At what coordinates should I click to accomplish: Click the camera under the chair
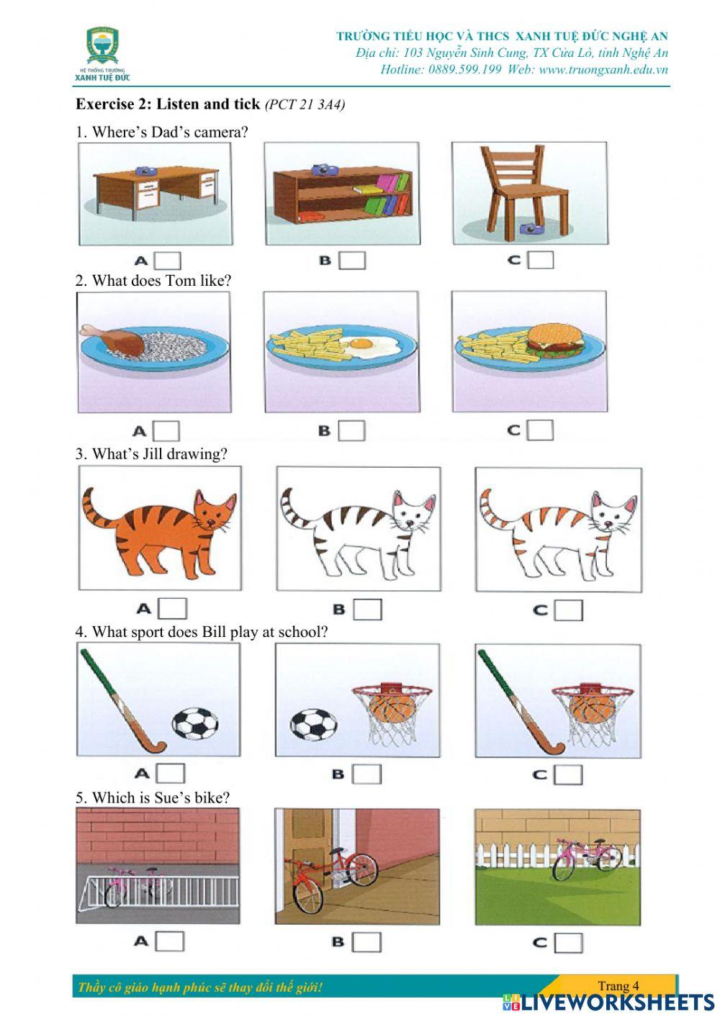point(531,229)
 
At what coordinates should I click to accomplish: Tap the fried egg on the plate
point(369,345)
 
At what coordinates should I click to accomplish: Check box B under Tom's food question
point(352,430)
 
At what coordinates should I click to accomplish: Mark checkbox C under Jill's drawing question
point(569,610)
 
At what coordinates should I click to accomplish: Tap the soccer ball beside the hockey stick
point(194,725)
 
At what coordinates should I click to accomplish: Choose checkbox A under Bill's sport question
point(171,773)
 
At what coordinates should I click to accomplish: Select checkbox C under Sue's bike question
point(568,941)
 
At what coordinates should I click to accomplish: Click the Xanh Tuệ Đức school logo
point(104,53)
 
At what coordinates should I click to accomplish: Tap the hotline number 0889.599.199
point(464,70)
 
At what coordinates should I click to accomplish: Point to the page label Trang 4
point(618,986)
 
